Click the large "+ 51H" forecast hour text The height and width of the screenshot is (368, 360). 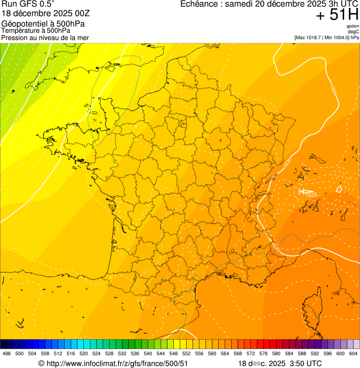point(337,15)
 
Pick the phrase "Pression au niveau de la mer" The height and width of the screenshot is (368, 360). point(45,37)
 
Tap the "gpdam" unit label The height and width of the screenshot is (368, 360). point(353,26)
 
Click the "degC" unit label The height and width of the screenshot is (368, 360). point(354,32)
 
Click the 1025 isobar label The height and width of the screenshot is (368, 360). point(310,195)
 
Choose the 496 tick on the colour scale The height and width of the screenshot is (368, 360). point(7,354)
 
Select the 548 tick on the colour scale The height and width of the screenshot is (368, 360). point(173,354)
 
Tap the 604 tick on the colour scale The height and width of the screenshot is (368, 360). point(353,354)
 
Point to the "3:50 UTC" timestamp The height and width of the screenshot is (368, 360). point(306,363)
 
